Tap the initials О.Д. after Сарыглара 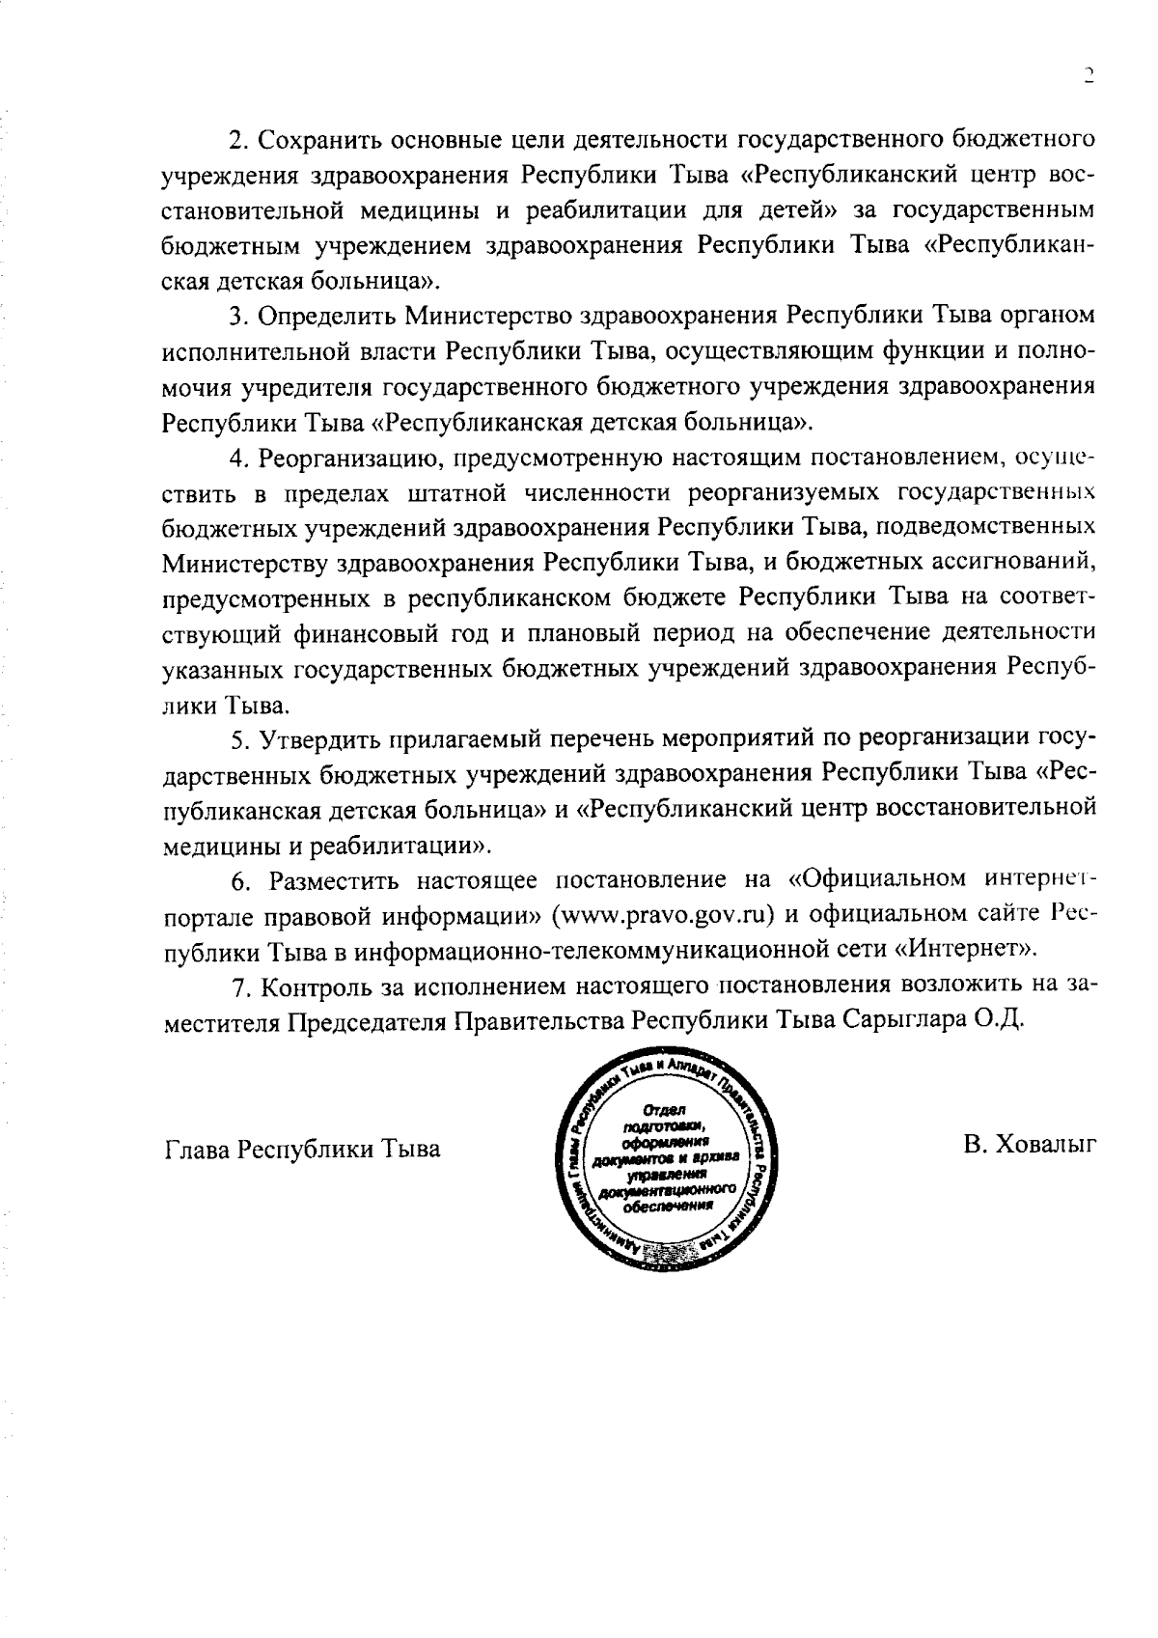point(999,1021)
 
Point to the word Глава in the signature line point(197,1150)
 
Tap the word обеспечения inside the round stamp point(667,1207)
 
